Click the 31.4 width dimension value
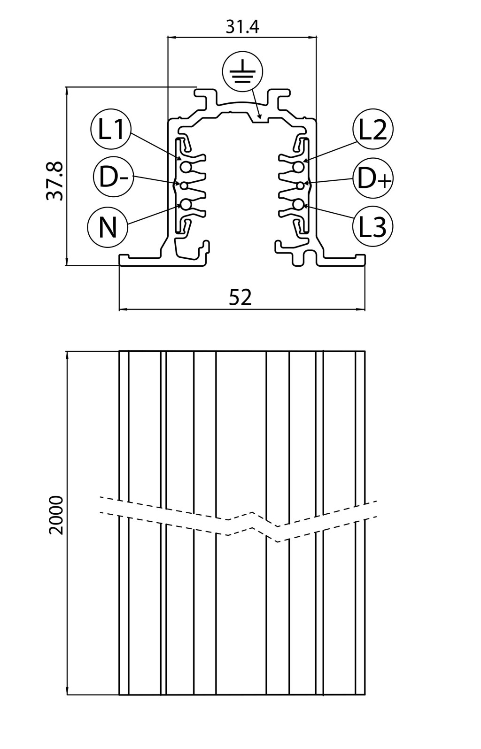(242, 27)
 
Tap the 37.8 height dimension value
(55, 181)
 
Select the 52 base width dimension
(240, 298)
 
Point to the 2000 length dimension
(56, 515)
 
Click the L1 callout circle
(111, 129)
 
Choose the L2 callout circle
(372, 129)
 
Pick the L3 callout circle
(372, 227)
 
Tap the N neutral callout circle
(108, 227)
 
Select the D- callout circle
(113, 177)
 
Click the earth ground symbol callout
(242, 72)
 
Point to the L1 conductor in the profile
(186, 167)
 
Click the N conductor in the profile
(186, 204)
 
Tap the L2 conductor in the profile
(298, 167)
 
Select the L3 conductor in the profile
(298, 204)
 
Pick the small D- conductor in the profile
(184, 185)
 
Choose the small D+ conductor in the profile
(300, 185)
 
